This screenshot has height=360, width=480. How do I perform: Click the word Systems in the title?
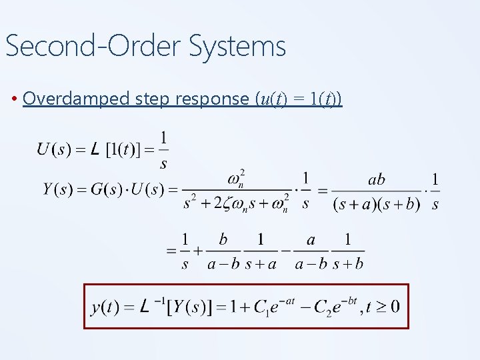tap(237, 47)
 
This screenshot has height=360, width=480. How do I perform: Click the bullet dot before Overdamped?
tap(15, 99)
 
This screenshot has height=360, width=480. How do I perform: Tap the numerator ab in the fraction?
tap(377, 180)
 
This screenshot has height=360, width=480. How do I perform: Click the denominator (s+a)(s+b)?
tap(377, 204)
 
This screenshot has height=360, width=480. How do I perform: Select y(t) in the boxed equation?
tap(105, 307)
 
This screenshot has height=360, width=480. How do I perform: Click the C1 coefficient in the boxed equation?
tap(260, 308)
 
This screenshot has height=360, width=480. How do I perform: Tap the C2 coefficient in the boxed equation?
tap(322, 308)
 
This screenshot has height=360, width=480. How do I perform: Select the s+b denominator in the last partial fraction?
tap(349, 265)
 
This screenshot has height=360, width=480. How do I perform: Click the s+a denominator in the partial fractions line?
tap(262, 265)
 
